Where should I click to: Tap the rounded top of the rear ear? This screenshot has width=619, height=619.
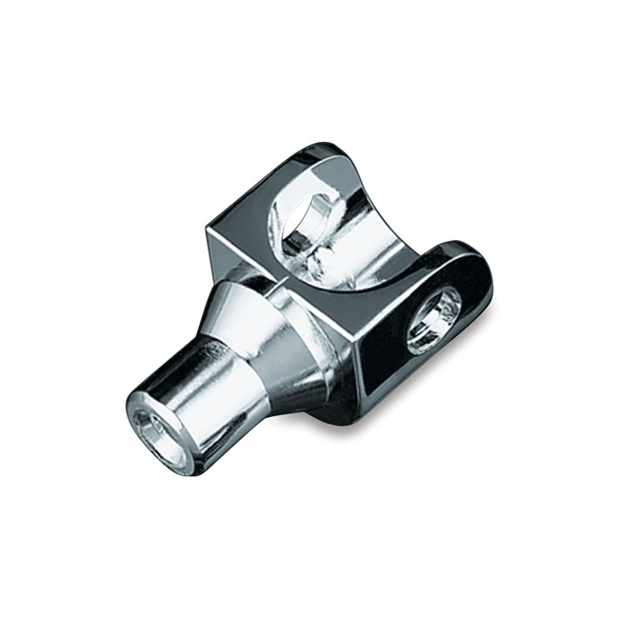pos(329,157)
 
